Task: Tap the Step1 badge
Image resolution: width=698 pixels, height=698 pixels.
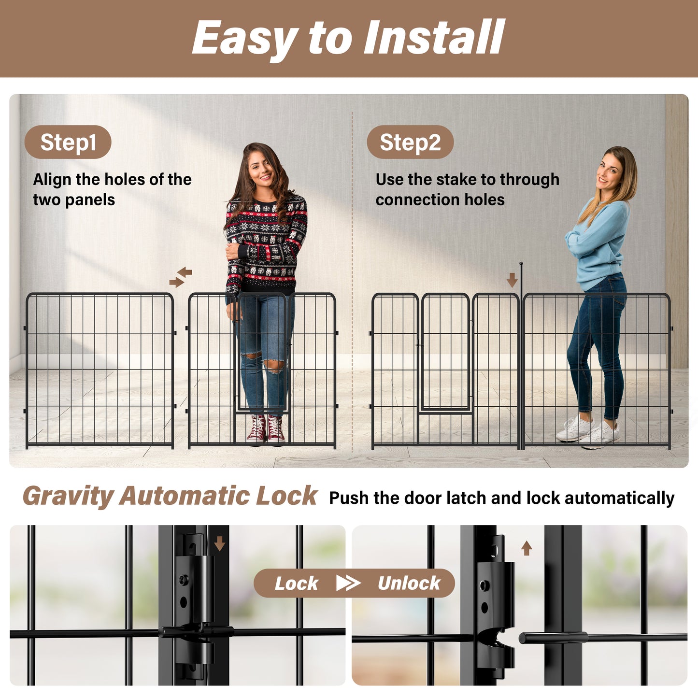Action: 68,142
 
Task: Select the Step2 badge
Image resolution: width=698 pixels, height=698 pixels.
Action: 410,142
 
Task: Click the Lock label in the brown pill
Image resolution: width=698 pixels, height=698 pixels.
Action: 296,584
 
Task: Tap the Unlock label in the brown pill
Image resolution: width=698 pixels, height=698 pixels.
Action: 409,584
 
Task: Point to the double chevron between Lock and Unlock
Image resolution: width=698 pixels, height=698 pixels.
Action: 348,583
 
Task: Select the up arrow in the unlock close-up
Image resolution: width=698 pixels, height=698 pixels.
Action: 527,548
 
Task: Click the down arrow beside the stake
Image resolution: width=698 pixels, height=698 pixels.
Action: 512,279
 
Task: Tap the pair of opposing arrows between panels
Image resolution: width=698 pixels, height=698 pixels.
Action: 181,277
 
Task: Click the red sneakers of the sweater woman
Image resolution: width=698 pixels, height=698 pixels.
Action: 266,429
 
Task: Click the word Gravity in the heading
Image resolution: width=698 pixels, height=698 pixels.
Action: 68,497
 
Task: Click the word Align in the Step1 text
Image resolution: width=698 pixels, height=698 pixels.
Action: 52,180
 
